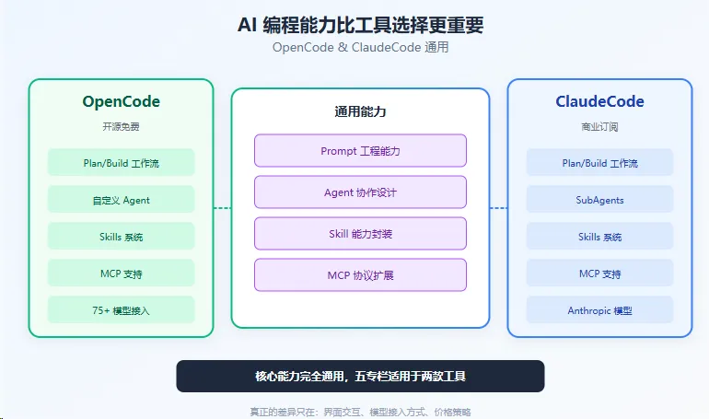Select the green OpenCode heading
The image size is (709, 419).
[x=121, y=101]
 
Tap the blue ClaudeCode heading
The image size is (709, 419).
[x=599, y=101]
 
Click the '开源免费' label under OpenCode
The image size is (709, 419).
[x=121, y=126]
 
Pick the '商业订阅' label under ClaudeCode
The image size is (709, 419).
[x=599, y=126]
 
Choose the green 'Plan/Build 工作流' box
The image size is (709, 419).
[x=121, y=163]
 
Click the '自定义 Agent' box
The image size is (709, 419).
[x=121, y=200]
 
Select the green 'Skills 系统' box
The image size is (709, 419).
[x=121, y=237]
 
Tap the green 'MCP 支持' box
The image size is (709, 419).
[x=121, y=274]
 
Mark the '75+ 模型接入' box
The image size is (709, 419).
[x=121, y=310]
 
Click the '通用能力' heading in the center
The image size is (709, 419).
[x=360, y=111]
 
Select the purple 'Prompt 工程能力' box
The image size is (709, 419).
[x=360, y=151]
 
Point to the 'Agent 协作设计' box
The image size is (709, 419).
[x=360, y=192]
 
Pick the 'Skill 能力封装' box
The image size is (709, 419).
[x=360, y=234]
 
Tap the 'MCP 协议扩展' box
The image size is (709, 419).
[x=360, y=275]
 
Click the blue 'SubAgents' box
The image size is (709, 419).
[x=599, y=200]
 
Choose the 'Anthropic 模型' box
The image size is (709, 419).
[x=599, y=310]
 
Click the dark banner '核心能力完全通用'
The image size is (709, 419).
[x=360, y=376]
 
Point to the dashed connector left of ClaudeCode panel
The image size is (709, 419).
[x=498, y=208]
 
